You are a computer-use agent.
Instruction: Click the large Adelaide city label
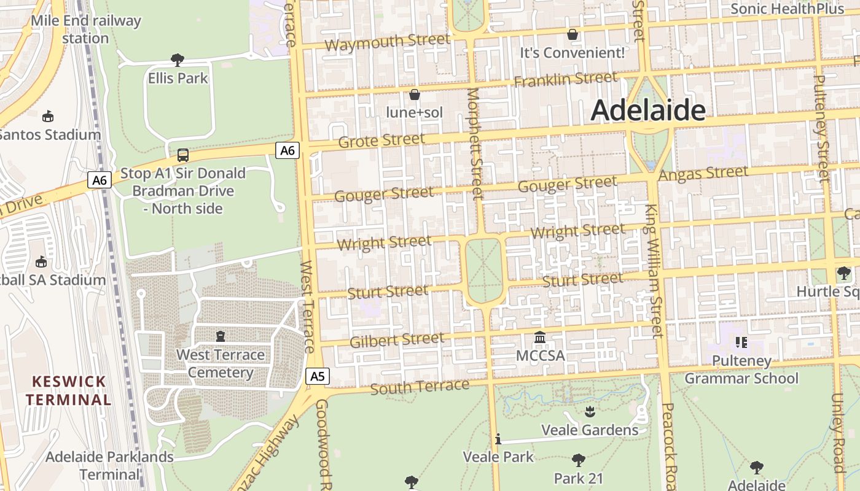(x=647, y=110)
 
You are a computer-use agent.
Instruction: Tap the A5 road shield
(x=317, y=376)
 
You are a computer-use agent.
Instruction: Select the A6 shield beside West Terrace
(x=287, y=150)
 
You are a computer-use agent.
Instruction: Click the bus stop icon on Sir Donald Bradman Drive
(x=183, y=155)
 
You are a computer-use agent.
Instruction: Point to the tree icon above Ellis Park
(x=178, y=60)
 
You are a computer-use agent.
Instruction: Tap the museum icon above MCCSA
(x=540, y=337)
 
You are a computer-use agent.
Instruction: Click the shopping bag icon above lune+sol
(x=415, y=95)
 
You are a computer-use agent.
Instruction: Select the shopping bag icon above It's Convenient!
(x=573, y=34)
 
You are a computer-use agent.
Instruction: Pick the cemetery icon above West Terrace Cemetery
(x=221, y=336)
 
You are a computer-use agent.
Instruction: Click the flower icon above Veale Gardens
(x=590, y=411)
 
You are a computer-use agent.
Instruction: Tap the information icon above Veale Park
(x=498, y=439)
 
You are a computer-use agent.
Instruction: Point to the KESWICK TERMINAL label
(x=69, y=390)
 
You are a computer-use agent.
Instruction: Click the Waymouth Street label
(x=387, y=42)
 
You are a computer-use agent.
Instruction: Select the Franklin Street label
(x=565, y=80)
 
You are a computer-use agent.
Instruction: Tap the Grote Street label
(x=381, y=141)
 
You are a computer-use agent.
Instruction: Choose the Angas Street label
(x=703, y=174)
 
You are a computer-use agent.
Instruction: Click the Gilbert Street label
(x=396, y=339)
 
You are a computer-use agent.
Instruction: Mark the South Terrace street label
(x=420, y=387)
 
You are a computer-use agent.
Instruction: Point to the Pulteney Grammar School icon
(x=741, y=342)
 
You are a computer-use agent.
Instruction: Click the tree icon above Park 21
(x=578, y=460)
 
